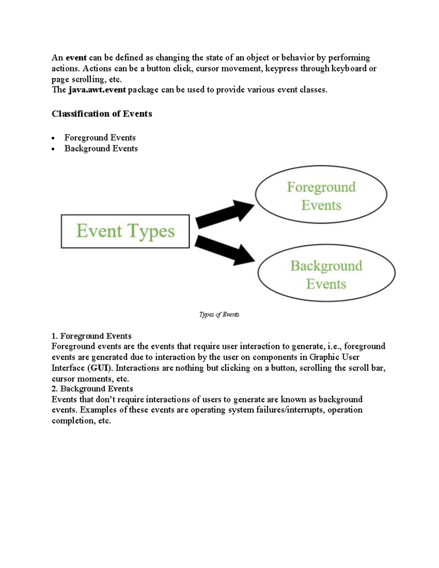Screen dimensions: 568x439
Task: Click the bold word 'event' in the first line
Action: (x=76, y=58)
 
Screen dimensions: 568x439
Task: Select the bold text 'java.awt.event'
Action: (x=97, y=90)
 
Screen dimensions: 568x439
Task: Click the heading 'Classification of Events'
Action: (x=102, y=114)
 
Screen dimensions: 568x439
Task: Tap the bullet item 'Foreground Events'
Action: (x=100, y=138)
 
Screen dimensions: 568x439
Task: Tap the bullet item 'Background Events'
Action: (x=101, y=148)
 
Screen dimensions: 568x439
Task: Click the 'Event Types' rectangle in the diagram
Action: (x=125, y=231)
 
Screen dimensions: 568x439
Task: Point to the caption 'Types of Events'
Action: (x=219, y=315)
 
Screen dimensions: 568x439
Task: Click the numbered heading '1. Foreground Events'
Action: (x=91, y=336)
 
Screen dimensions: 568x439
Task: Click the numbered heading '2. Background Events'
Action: (x=92, y=388)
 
